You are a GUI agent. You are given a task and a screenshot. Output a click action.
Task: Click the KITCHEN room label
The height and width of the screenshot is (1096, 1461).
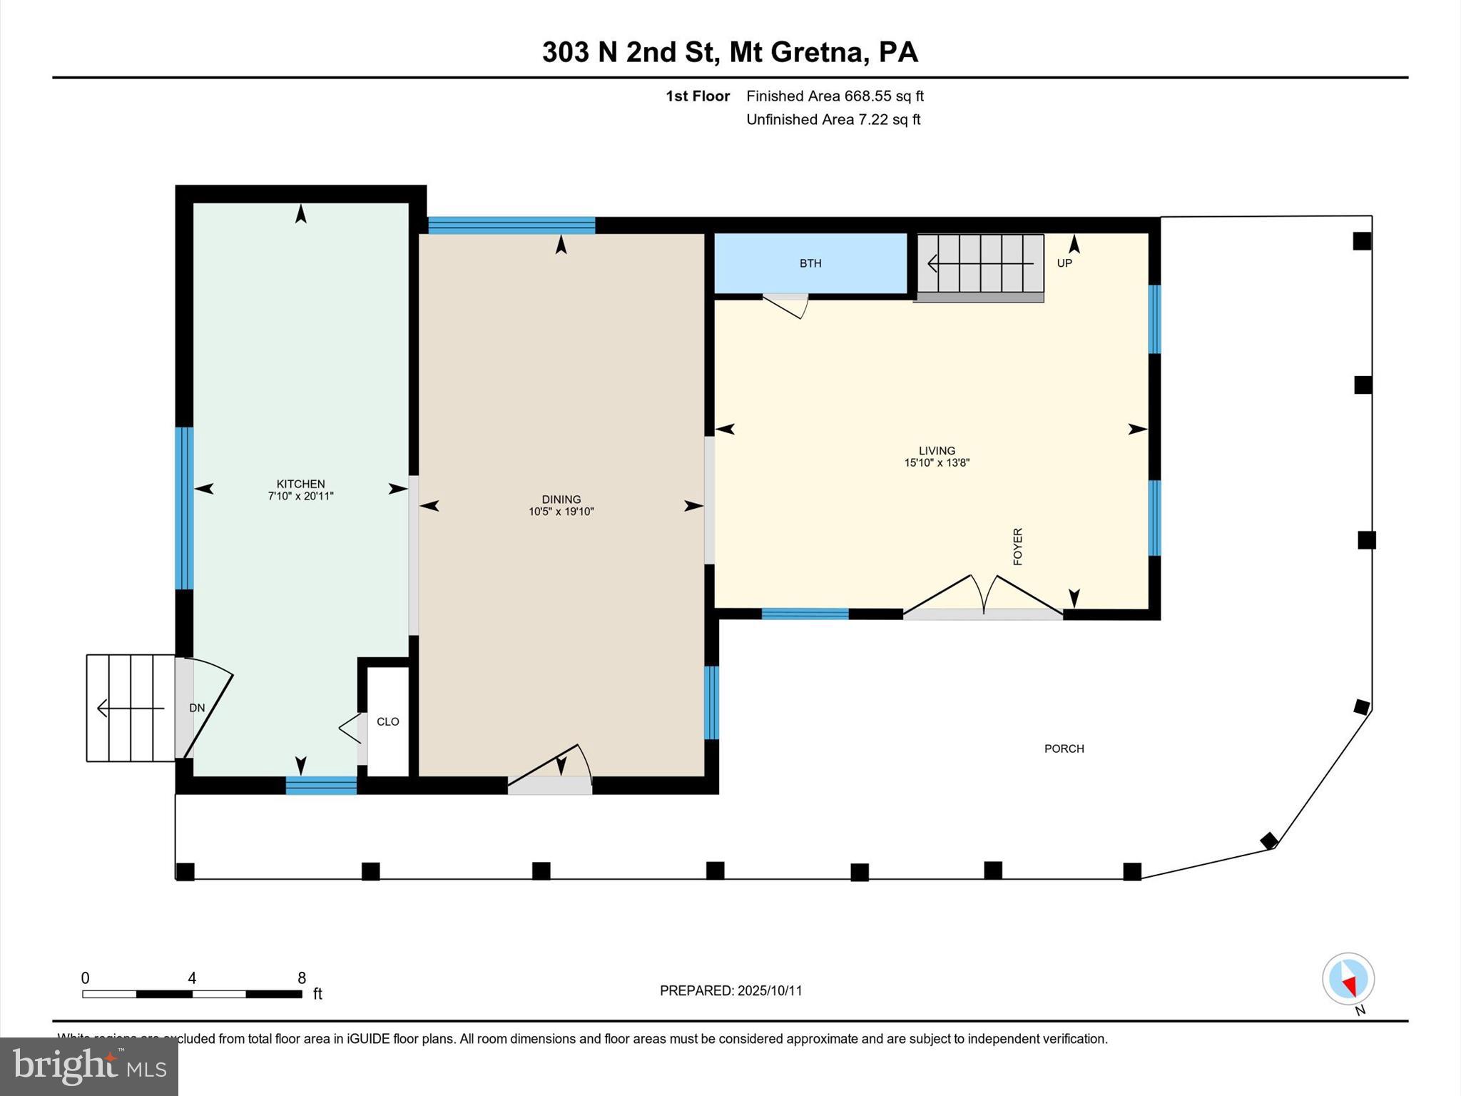[300, 484]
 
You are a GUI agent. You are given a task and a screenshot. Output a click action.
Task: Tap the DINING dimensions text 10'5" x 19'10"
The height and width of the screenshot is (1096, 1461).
[561, 512]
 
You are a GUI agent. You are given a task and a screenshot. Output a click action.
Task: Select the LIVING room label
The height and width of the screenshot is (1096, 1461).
[937, 450]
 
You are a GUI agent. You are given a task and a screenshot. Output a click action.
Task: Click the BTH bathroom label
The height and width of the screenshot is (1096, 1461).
[810, 263]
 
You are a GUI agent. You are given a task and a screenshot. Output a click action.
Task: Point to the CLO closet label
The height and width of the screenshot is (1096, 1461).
[387, 721]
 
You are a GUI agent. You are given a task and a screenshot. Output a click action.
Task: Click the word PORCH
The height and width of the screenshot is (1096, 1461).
[1064, 749]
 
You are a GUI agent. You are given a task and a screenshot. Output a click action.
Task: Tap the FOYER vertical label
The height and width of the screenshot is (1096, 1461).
[1018, 547]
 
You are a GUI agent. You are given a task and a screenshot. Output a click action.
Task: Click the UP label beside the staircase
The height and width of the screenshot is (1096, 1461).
[1064, 263]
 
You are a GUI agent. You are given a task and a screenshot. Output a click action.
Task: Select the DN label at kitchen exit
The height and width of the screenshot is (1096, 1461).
[197, 708]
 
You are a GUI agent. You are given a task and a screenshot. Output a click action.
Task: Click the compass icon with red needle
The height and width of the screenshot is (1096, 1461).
[1348, 979]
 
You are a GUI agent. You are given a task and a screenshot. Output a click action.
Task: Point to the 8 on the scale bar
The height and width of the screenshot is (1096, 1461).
[302, 978]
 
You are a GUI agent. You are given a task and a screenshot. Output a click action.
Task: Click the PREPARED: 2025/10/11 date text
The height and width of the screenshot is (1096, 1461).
[730, 990]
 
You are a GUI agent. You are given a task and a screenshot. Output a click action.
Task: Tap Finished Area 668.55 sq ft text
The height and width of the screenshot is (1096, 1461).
[835, 96]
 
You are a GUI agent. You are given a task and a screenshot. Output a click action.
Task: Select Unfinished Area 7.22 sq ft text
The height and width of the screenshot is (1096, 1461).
[833, 119]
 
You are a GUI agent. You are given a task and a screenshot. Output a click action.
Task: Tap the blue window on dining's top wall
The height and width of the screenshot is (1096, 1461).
[511, 225]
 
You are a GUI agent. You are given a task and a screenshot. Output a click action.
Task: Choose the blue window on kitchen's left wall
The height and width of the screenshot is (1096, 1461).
[184, 508]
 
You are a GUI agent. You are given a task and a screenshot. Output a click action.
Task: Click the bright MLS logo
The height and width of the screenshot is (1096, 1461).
[89, 1066]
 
